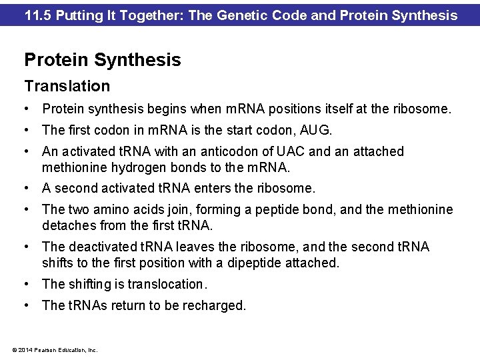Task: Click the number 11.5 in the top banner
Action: tap(37, 14)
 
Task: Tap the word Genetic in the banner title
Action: tap(239, 14)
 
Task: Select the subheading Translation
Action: tap(67, 86)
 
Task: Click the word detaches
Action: tap(67, 225)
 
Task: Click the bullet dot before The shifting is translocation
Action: tap(27, 285)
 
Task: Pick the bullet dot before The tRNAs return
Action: tap(27, 306)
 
